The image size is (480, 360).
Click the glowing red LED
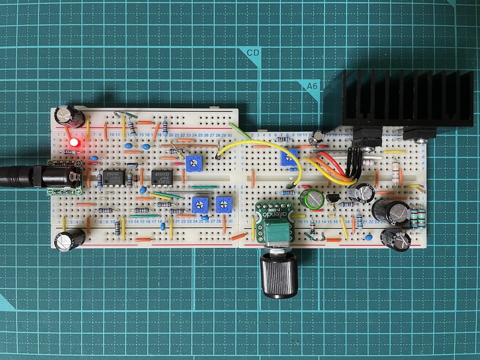tap(74, 142)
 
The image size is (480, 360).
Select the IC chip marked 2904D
tap(113, 177)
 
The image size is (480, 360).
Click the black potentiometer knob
tap(279, 277)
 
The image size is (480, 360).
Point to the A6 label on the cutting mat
tap(312, 86)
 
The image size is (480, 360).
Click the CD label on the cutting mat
tap(253, 53)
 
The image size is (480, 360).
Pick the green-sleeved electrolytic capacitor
tap(313, 199)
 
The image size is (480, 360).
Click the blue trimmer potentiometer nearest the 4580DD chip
tap(193, 163)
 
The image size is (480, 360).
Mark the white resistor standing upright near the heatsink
tap(395, 172)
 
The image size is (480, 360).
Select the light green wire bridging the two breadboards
tap(240, 132)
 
